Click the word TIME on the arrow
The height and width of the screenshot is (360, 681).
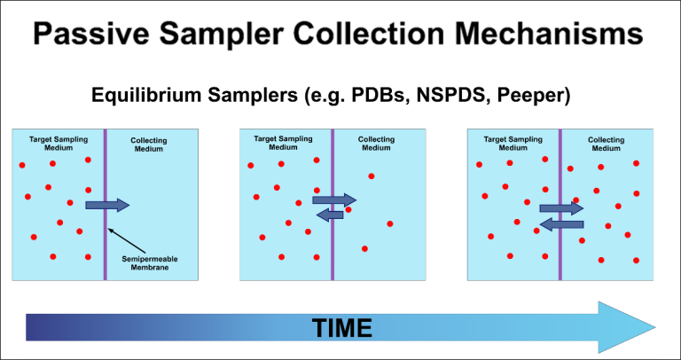[341, 328]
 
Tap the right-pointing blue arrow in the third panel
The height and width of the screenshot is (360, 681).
[562, 208]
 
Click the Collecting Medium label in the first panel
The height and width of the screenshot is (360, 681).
[148, 145]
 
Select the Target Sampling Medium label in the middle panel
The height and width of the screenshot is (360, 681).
[282, 144]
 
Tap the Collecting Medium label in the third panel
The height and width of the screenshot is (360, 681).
[607, 145]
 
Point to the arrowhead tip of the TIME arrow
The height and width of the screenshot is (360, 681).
[654, 327]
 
